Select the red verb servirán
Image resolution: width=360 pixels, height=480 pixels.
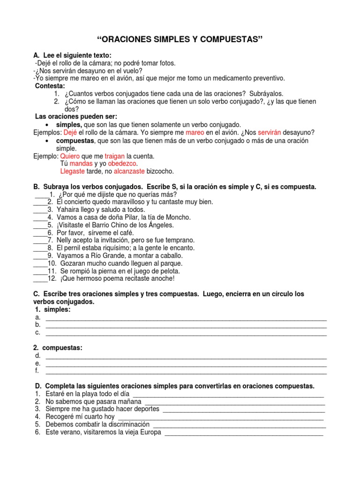pos(266,133)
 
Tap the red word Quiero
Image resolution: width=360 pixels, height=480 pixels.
pos(69,156)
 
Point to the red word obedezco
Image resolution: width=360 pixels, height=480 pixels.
pos(122,164)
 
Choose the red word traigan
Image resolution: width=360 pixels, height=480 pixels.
pos(114,156)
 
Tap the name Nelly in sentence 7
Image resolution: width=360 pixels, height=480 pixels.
pos(65,240)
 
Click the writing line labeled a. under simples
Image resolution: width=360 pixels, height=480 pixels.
pos(186,318)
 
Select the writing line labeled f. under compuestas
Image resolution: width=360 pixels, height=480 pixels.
pos(186,371)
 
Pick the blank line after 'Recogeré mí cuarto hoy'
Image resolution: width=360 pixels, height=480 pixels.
pos(220,417)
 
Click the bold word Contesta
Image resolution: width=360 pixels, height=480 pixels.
pos(51,86)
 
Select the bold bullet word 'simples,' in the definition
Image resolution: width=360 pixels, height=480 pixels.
pos(69,125)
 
